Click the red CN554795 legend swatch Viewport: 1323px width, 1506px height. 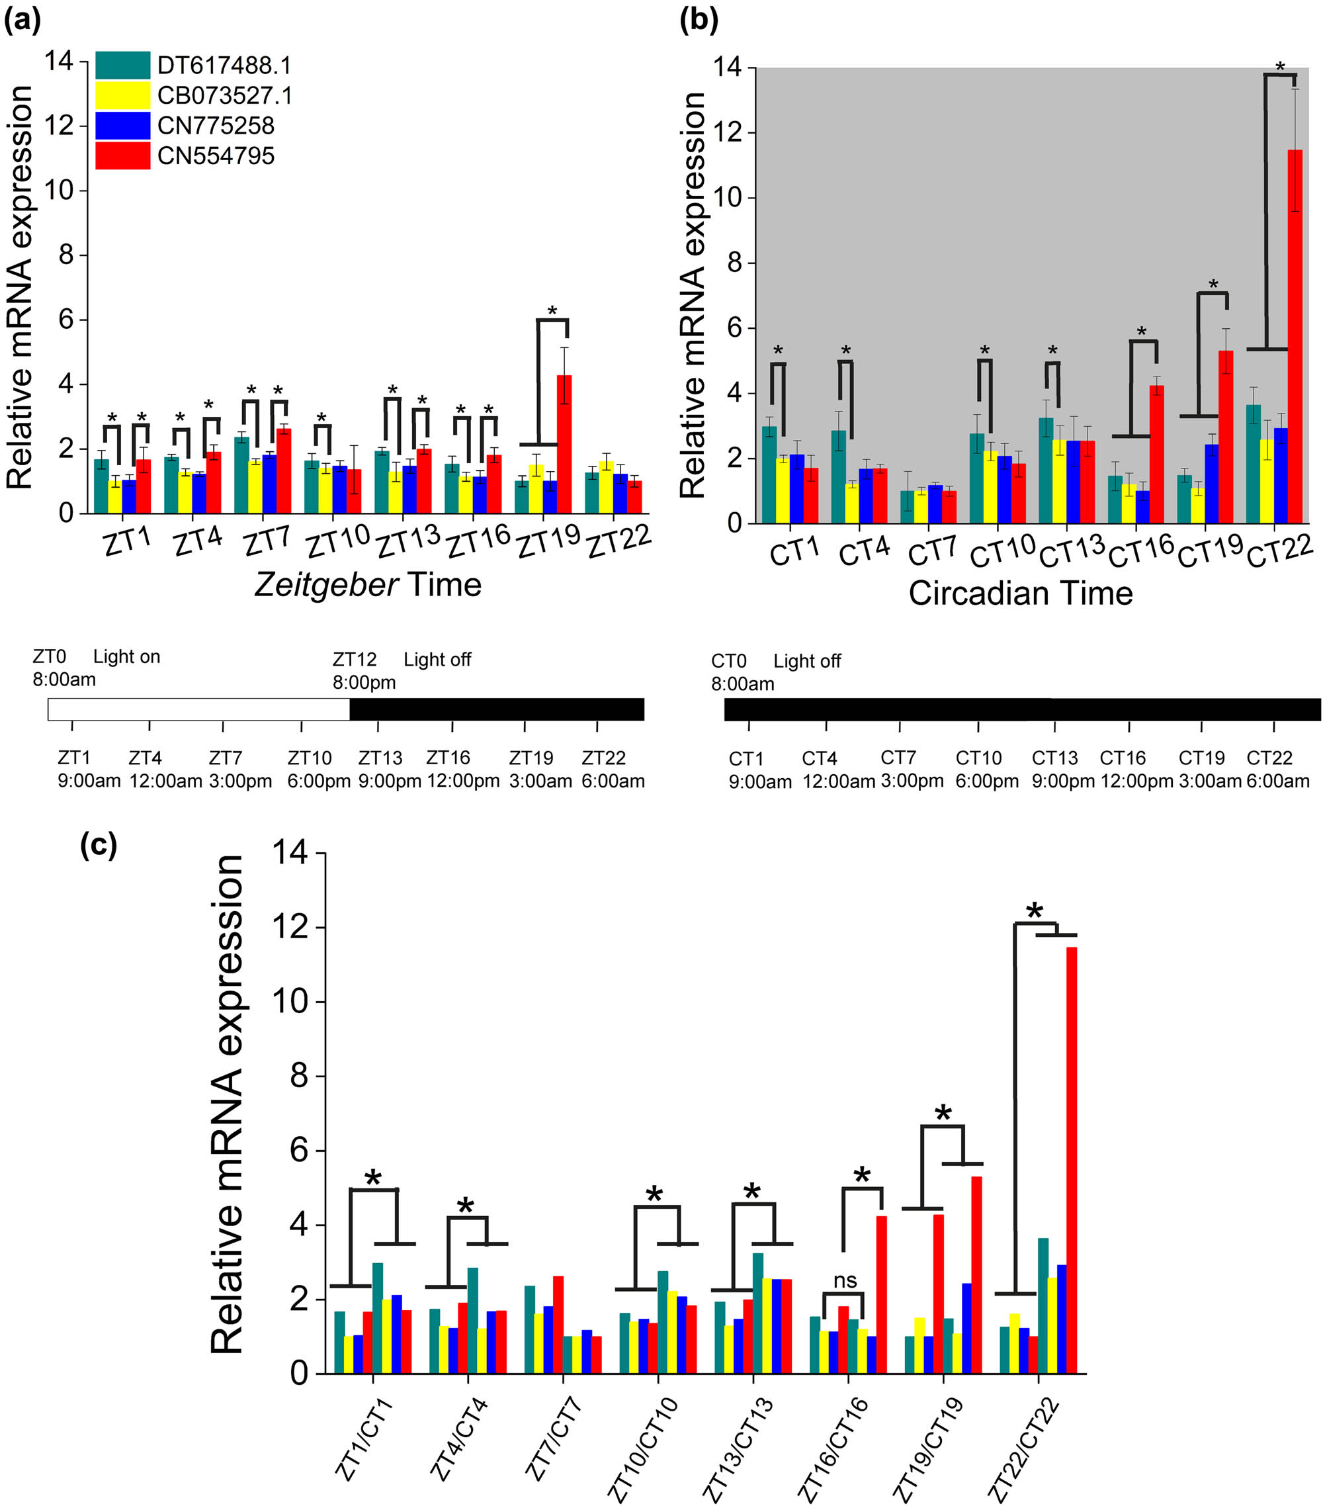tap(122, 156)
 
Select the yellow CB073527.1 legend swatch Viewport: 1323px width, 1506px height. tap(122, 95)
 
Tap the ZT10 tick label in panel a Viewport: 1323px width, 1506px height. tap(337, 543)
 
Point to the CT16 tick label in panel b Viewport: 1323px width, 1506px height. tap(1140, 551)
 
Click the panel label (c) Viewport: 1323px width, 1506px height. tap(99, 845)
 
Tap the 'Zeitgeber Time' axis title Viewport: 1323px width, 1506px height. tap(368, 585)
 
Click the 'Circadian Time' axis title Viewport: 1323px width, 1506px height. tap(1019, 593)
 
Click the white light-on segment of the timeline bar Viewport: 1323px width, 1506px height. tap(199, 709)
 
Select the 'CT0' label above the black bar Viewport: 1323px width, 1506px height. tap(728, 661)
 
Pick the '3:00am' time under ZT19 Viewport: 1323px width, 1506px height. tap(540, 781)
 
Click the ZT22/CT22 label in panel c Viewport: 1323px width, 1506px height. tap(1023, 1450)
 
